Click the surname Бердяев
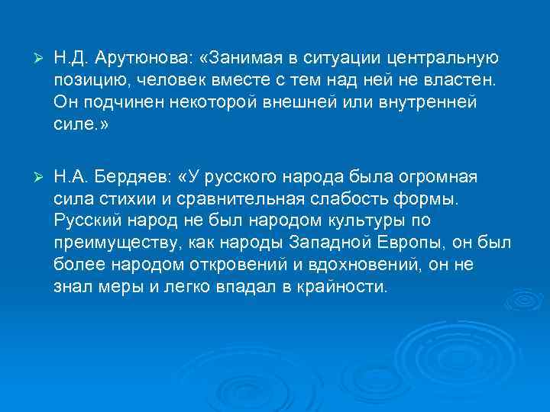[132, 178]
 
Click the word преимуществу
[112, 243]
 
